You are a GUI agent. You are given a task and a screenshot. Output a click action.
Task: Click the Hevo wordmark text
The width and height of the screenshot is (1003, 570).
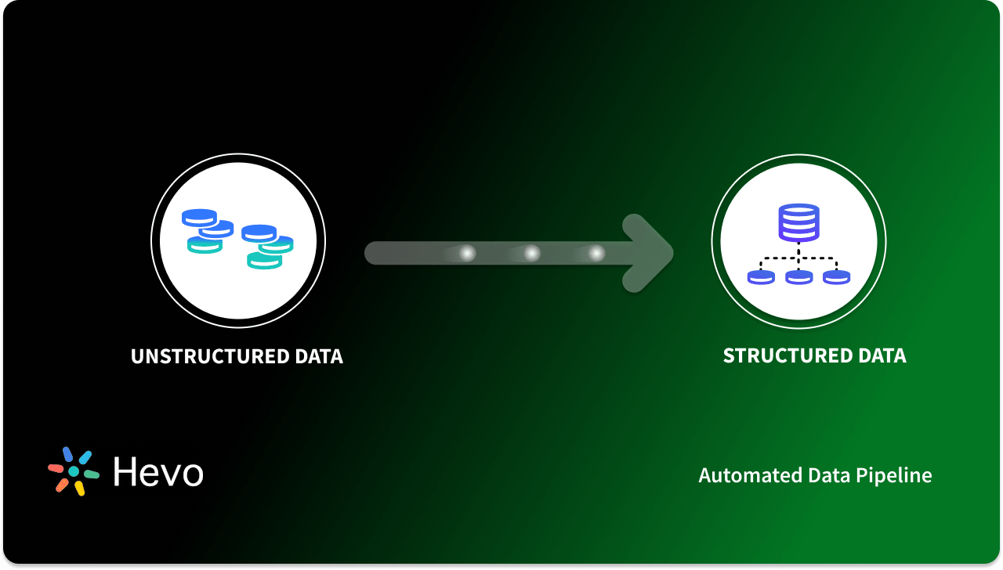click(158, 471)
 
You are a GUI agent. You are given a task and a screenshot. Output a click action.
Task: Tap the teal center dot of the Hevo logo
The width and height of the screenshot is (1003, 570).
click(74, 471)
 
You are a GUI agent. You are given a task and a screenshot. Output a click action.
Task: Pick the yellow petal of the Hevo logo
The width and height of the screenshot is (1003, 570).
click(79, 488)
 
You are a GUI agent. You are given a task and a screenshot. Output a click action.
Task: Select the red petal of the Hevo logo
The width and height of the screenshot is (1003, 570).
click(56, 467)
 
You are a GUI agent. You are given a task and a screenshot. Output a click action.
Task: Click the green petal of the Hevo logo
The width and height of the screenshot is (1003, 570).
click(91, 474)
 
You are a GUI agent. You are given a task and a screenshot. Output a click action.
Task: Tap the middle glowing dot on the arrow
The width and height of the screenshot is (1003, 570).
click(532, 253)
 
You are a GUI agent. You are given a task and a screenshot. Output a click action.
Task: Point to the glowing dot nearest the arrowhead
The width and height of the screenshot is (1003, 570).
click(596, 253)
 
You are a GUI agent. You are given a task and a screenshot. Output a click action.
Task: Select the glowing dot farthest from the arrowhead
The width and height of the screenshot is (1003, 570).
click(467, 253)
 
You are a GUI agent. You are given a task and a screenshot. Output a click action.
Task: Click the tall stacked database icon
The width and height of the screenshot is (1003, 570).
click(798, 222)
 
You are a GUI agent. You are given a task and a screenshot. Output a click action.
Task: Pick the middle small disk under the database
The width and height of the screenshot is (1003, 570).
click(798, 276)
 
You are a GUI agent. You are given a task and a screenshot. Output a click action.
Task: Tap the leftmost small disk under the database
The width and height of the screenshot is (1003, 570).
click(761, 276)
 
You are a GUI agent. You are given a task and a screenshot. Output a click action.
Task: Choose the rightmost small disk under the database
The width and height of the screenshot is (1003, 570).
click(836, 276)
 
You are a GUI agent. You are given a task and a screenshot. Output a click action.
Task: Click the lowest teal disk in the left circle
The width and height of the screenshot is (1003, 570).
click(264, 261)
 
